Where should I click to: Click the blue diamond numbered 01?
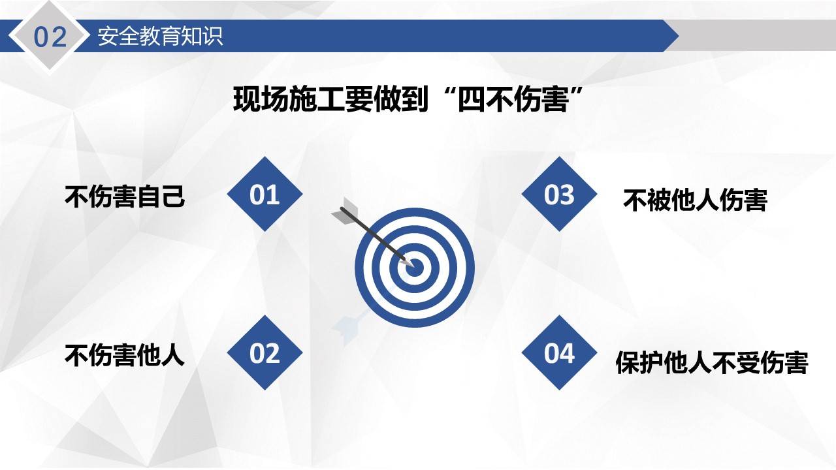[x=265, y=194]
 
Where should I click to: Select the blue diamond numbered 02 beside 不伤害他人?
[x=265, y=352]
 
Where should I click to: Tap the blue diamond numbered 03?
[x=559, y=194]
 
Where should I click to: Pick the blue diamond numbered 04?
[x=559, y=352]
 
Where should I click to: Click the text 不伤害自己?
[x=125, y=196]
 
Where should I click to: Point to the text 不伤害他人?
[x=125, y=356]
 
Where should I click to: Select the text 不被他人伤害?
[x=695, y=200]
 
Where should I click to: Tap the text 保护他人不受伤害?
[x=712, y=363]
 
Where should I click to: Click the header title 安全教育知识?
[x=160, y=36]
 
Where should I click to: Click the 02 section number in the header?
[x=50, y=37]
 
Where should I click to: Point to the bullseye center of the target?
[x=414, y=266]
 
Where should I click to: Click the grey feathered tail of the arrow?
[x=346, y=213]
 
